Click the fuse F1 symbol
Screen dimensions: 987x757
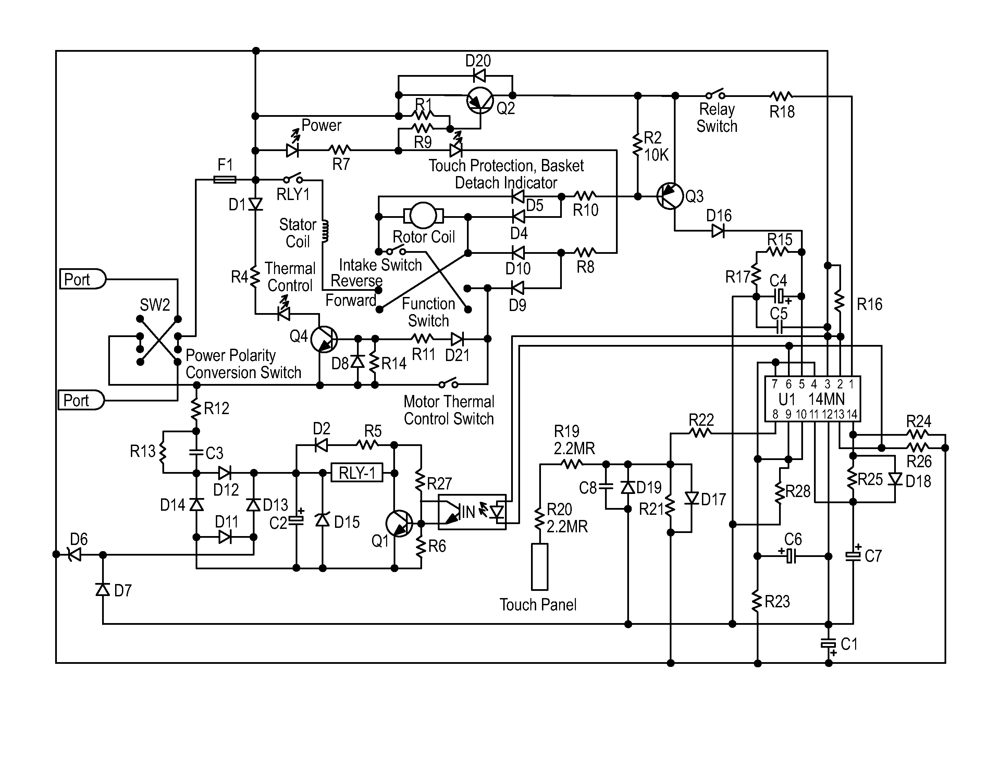coord(224,180)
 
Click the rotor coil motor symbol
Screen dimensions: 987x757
coord(423,216)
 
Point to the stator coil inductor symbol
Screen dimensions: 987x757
coord(325,232)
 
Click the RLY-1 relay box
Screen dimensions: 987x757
coord(357,473)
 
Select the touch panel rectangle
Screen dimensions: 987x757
coord(540,567)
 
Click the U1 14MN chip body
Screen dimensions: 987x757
coord(813,399)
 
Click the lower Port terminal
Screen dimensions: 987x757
coord(81,400)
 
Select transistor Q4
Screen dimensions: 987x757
coord(324,339)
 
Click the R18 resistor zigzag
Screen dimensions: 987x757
coord(781,96)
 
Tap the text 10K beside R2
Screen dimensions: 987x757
coord(656,155)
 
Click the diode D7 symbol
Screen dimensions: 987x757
coord(103,589)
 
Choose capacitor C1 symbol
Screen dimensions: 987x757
coord(828,643)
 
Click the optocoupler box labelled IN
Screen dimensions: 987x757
coord(472,512)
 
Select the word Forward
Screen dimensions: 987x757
coord(350,300)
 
